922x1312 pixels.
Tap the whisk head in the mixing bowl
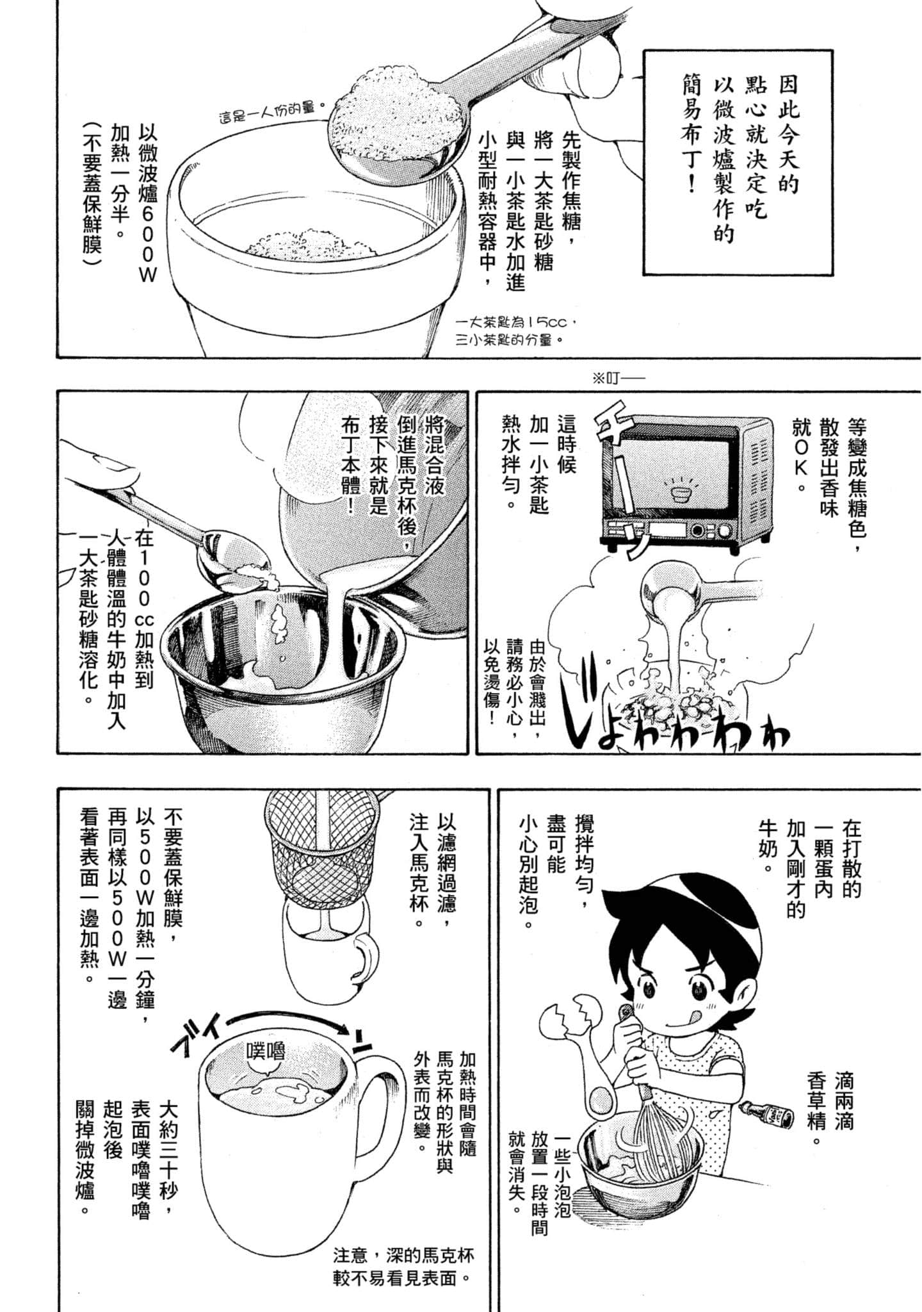coord(647,1147)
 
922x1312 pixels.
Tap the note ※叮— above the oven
coord(619,378)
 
